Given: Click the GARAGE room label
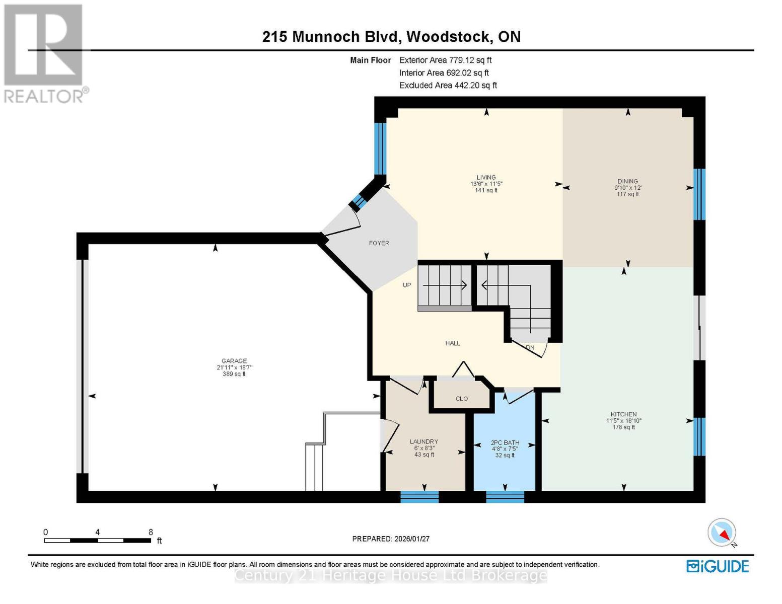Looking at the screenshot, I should (234, 361).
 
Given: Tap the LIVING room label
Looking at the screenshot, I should (486, 177).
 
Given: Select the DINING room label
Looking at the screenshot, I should (627, 181).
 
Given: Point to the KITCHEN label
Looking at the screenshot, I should (624, 414).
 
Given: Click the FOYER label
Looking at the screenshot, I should (379, 243).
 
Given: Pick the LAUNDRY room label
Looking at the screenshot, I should (423, 441).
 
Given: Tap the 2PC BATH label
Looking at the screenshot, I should (505, 443).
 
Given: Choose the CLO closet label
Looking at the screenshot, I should (462, 399).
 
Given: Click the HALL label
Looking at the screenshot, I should (453, 343).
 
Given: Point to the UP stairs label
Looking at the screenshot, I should (407, 285).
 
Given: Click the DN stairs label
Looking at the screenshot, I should (530, 347).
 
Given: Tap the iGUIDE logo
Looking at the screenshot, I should (718, 566).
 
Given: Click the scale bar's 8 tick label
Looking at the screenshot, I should (151, 532).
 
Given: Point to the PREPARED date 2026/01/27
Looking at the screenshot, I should (391, 539).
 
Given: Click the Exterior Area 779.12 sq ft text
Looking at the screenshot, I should (446, 60).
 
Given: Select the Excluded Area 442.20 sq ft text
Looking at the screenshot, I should (448, 86).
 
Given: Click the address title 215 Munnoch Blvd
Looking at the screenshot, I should (391, 37).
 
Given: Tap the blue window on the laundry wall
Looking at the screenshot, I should (419, 497).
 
